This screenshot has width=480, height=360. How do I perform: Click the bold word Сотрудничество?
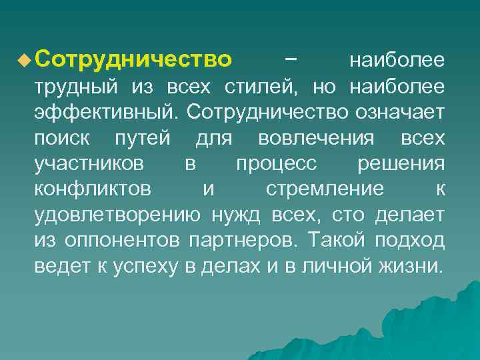[133, 61]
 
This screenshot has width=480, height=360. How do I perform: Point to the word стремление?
[325, 189]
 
